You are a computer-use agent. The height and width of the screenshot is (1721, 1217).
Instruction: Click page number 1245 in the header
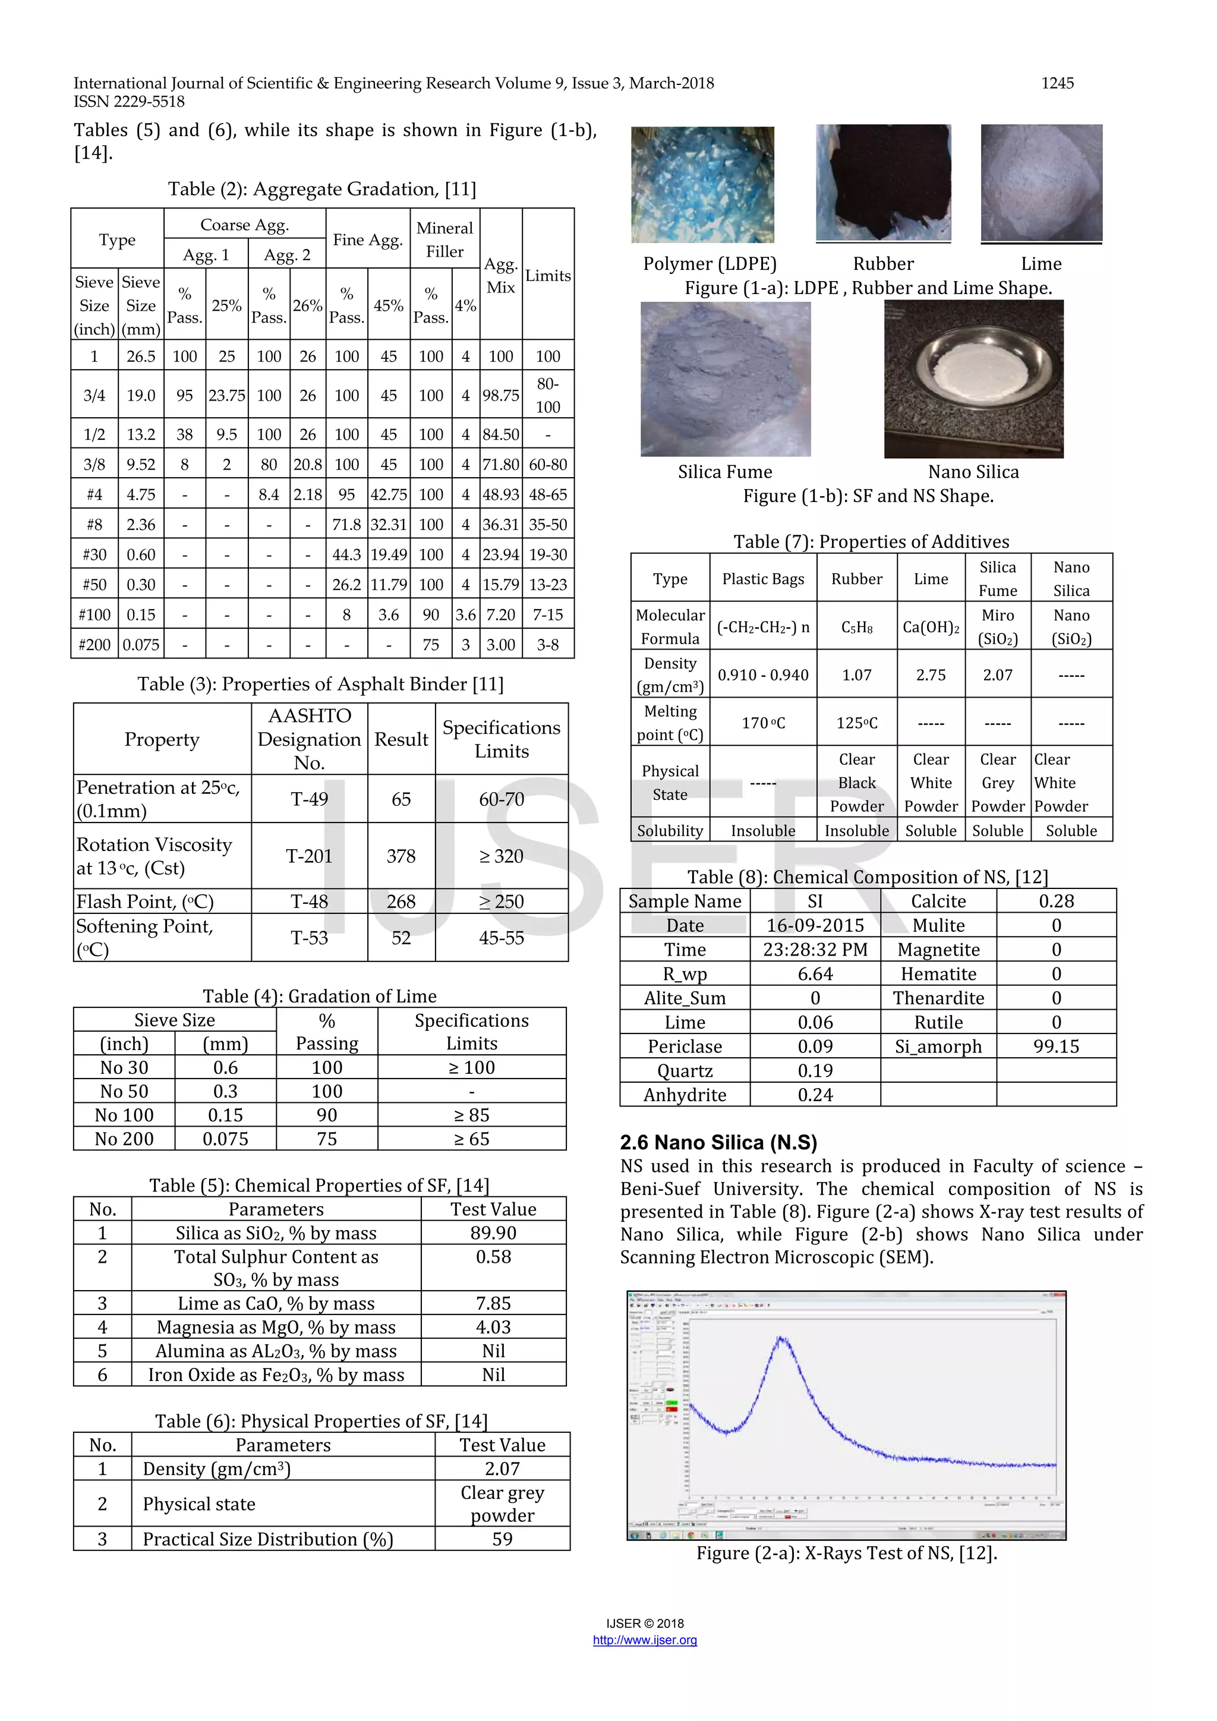tap(1057, 83)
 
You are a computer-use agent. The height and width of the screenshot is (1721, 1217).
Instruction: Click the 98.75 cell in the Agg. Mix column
tap(500, 395)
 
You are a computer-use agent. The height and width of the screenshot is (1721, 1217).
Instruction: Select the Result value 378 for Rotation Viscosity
tap(401, 856)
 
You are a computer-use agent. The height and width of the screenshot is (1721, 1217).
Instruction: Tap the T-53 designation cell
tap(309, 938)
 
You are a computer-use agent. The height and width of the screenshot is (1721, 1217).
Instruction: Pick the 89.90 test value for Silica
tap(493, 1233)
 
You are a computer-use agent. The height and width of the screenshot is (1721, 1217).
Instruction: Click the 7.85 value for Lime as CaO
tap(493, 1303)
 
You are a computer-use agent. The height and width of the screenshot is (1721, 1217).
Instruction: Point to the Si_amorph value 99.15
tap(1056, 1047)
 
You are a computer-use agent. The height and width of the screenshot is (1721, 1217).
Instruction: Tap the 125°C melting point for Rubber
tap(856, 723)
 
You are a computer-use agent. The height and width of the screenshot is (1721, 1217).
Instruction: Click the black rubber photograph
tap(883, 182)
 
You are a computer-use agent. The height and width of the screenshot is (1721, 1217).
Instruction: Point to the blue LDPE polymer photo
tap(702, 184)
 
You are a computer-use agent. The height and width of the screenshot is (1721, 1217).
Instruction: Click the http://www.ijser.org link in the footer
tap(645, 1640)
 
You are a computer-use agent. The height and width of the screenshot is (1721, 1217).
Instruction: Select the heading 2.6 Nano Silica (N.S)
tap(718, 1142)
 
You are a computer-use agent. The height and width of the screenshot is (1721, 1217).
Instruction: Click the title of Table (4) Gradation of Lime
tap(319, 996)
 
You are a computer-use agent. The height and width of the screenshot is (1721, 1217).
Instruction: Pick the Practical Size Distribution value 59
tap(502, 1540)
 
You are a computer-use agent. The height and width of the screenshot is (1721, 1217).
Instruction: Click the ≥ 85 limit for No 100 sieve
tap(471, 1115)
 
